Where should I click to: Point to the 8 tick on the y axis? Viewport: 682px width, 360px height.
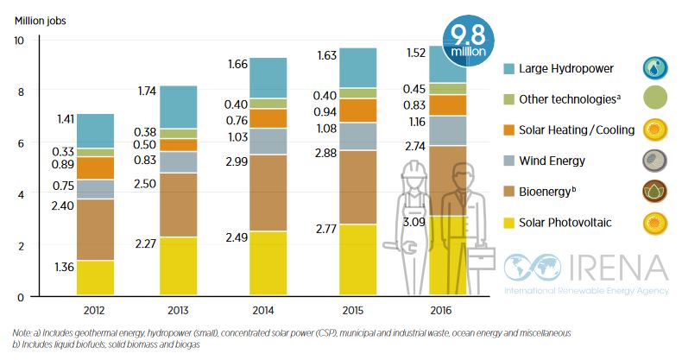20,92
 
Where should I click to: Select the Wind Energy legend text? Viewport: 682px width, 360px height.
552,161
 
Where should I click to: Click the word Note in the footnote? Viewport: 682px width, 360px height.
23,332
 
